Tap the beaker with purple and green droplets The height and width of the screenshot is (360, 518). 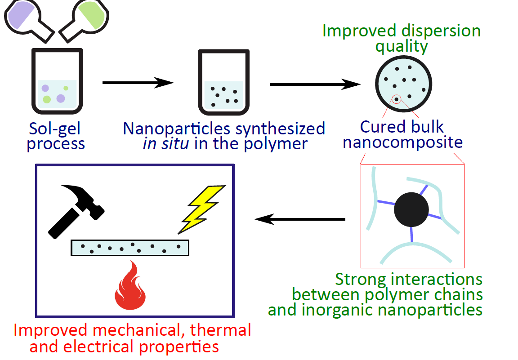pos(57,83)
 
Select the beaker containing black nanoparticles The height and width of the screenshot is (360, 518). pos(223,83)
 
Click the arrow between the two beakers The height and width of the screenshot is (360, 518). pos(138,82)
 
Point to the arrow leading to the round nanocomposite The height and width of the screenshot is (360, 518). pos(315,84)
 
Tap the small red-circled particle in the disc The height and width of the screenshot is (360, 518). pos(396,99)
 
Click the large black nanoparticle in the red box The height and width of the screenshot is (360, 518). pos(411,210)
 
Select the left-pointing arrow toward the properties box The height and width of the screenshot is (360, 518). pos(299,219)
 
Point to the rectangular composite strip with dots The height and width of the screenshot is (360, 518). pos(130,248)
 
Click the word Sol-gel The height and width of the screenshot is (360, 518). pos(55,129)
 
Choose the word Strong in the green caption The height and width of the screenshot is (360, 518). pos(361,280)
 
